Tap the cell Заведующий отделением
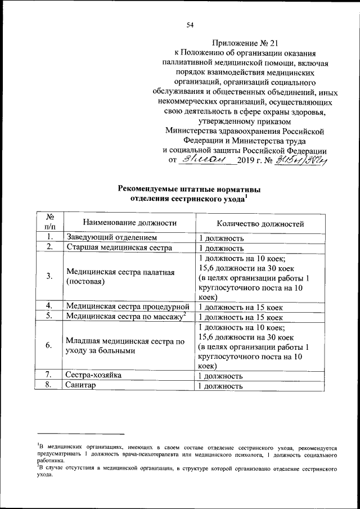[115, 237]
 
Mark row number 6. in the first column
[50, 346]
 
